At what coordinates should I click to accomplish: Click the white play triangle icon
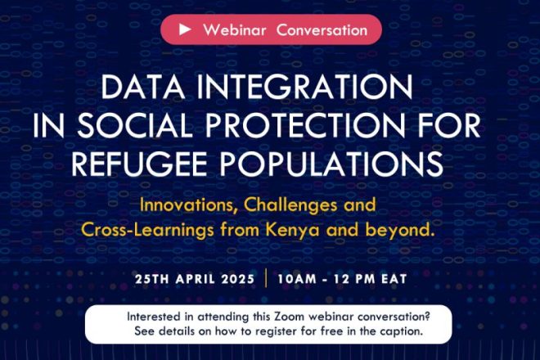click(185, 29)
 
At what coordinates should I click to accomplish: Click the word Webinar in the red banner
click(235, 30)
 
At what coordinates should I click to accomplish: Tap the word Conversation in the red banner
click(322, 30)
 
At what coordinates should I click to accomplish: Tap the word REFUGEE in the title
click(139, 164)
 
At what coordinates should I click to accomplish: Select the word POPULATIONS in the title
click(331, 164)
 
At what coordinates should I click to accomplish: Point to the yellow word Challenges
click(290, 206)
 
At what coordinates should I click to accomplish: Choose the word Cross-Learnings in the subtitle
click(147, 230)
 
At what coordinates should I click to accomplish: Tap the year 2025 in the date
click(238, 279)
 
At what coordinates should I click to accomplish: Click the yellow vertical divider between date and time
click(266, 277)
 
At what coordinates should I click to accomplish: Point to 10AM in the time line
click(297, 279)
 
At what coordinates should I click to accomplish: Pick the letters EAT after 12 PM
click(394, 279)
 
